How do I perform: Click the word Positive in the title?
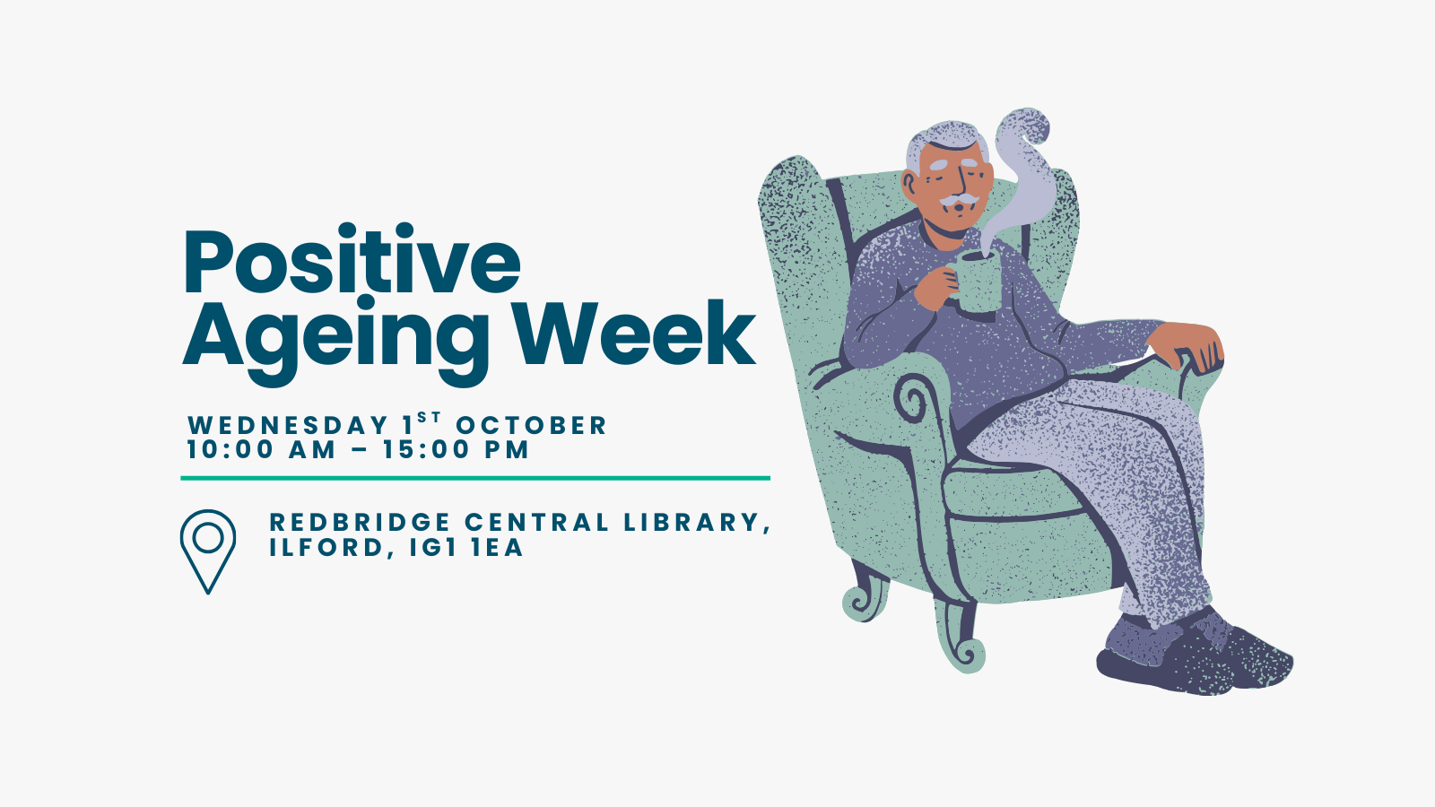click(352, 259)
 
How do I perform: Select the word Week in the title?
click(637, 333)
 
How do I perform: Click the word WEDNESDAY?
click(288, 426)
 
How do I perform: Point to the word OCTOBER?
click(531, 426)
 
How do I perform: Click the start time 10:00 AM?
click(261, 449)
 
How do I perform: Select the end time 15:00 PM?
click(457, 449)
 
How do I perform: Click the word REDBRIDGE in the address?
click(360, 523)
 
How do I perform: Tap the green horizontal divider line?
click(475, 478)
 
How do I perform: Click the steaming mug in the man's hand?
click(975, 282)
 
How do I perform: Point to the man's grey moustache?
click(959, 200)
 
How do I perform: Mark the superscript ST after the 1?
click(430, 418)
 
